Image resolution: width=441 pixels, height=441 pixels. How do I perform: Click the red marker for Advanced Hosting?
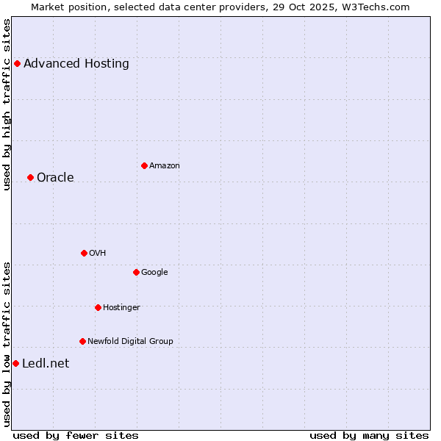coord(17,63)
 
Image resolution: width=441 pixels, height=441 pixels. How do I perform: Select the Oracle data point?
coord(30,177)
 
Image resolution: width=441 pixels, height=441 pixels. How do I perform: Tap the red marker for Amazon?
coord(144,165)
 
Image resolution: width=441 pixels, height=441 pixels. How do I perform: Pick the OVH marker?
coord(84,253)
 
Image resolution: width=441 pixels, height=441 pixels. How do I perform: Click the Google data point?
coord(136,272)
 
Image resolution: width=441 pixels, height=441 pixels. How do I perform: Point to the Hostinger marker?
coord(98,307)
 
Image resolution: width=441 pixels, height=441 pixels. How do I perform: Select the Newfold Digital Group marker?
coord(82,341)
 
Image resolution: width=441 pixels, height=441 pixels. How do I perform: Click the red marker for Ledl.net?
coord(15,363)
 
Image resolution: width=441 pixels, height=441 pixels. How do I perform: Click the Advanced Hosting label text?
coord(76,63)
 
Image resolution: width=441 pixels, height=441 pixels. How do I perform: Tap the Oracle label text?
coord(55,177)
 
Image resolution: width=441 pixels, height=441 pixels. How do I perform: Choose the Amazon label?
coord(165,165)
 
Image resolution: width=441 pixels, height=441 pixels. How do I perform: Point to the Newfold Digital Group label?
coord(130,341)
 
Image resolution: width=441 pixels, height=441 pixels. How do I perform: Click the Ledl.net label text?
coord(46,363)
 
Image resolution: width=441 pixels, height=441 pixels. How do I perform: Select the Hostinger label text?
coord(121,307)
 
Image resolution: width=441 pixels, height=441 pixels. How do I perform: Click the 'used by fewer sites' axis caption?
coord(76,435)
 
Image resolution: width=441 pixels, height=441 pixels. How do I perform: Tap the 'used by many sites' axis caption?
coord(369,435)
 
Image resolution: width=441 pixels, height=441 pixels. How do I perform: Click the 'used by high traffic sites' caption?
coord(7,104)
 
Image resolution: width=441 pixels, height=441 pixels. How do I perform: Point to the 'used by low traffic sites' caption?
coord(7,344)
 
